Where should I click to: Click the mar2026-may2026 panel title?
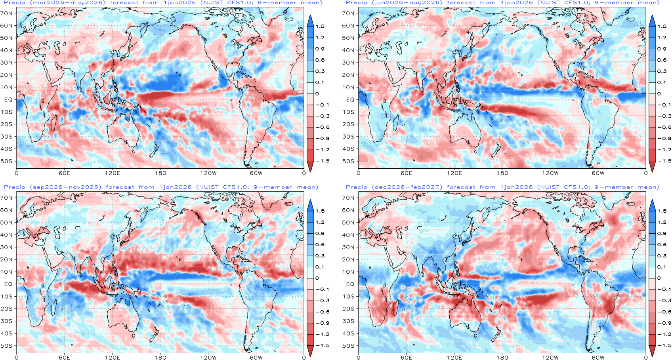coord(163,3)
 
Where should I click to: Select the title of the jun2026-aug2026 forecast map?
coord(502,3)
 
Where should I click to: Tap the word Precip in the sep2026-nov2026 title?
coord(15,187)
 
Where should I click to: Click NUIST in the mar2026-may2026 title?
coord(213,3)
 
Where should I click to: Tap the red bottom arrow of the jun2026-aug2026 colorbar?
coord(652,166)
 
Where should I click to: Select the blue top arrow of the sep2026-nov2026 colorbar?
coord(310,206)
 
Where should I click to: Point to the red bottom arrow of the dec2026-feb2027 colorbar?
coord(652,350)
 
